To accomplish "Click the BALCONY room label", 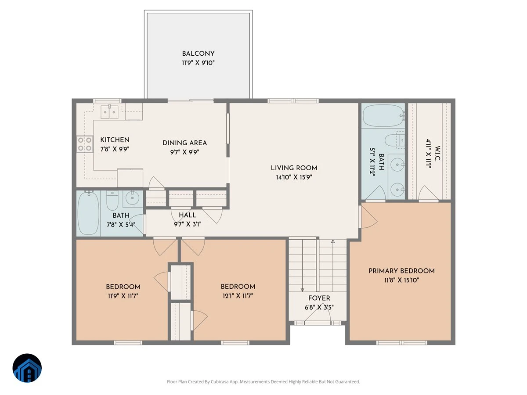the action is (198, 54).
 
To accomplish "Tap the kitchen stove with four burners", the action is (85, 144).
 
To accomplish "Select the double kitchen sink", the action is (109, 112).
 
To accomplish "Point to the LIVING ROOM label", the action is (294, 168).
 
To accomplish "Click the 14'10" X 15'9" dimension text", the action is (294, 177).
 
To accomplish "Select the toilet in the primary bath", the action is (395, 140).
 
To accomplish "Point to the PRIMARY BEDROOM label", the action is (401, 271).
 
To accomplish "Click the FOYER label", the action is (319, 298).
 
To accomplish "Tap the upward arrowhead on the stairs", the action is (333, 241).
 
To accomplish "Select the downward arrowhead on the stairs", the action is (302, 290).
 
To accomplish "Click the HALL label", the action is (188, 215).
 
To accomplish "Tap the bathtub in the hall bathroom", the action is (88, 213).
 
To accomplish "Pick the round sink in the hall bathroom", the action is (132, 198).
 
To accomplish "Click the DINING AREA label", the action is (184, 143).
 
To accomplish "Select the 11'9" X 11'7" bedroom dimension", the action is (123, 296).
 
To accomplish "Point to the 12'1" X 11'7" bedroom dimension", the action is (238, 296).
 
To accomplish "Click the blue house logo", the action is (27, 368).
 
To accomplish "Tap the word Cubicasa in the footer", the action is (220, 381).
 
